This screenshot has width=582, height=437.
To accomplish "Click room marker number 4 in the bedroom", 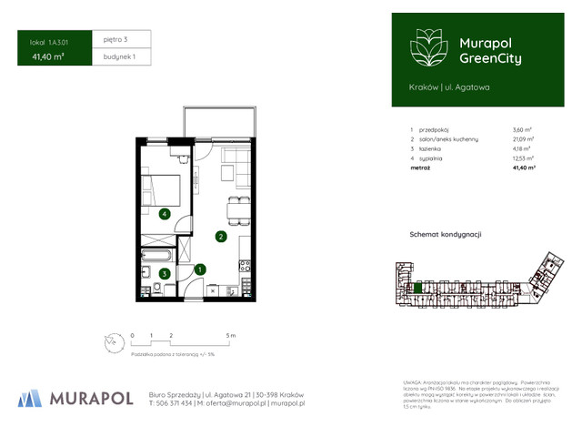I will point(164,214).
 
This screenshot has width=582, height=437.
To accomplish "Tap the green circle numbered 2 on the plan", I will point(220,238).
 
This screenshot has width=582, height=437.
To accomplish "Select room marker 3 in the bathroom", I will point(164,272).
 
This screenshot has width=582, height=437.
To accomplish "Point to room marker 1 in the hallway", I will point(200,269).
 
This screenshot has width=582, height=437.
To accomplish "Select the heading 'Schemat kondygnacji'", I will point(445,235).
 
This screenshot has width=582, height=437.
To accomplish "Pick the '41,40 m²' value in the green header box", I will point(47,56).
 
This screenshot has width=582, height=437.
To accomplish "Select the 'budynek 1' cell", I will point(119,56).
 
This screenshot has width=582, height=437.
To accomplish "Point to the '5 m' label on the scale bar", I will point(231,336).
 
